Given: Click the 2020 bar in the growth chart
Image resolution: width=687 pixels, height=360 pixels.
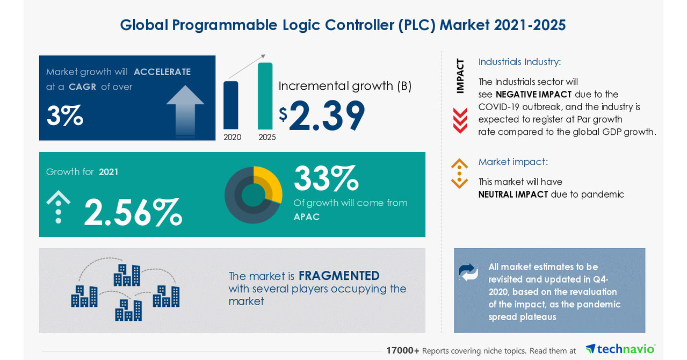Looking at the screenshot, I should coord(230,105).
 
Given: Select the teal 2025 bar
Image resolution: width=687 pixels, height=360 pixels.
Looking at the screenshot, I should coord(265,96).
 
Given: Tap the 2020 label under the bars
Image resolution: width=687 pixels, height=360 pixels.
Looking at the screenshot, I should coord(232,137).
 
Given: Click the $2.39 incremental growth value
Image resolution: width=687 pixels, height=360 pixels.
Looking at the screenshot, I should coord(322,116).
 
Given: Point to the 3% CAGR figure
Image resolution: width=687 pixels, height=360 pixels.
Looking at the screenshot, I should coord(64,115).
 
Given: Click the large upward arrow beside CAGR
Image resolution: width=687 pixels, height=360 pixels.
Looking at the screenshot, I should coord(185,111).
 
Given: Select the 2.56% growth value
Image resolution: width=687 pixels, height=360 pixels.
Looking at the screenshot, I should coord(133,213).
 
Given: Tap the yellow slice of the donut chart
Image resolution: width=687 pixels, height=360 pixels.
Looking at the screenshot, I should coord(271,182).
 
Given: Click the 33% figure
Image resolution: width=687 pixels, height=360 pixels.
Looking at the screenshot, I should coord(326,179).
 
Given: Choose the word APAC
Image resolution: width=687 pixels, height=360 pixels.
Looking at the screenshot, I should coord(307,217).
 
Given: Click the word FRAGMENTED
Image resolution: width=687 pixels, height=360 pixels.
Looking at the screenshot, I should coord(339,276).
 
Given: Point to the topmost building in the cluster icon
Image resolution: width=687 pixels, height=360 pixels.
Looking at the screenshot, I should coord(127,275).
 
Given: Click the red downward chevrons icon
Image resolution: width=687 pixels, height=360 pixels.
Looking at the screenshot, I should coord(460,120).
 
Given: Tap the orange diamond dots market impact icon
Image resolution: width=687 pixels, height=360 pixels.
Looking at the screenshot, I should coord(459,174).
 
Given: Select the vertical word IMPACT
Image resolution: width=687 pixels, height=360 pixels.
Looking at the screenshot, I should coord(460,76).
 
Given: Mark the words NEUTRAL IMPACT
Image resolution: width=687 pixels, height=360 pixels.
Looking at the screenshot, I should coord(513,195).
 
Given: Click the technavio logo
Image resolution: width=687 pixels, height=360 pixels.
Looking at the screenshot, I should coord(620,349).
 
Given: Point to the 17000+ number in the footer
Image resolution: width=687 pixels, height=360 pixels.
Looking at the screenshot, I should coord(402,350).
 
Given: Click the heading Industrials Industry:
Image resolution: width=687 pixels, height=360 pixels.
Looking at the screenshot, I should coord(519,62).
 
